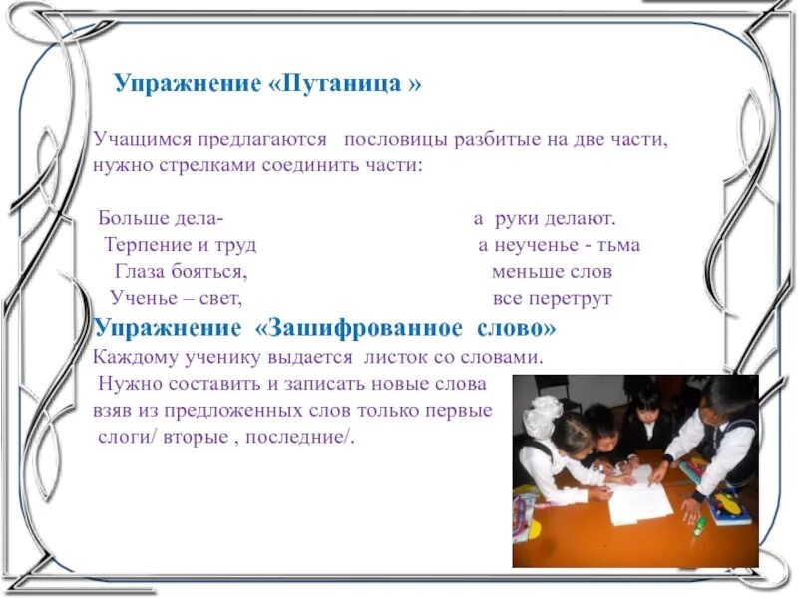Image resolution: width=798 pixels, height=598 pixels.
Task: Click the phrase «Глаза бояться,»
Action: click(x=181, y=271)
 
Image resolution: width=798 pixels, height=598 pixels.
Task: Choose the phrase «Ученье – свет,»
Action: click(x=177, y=298)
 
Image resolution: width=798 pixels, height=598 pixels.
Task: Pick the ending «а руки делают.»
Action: click(x=544, y=217)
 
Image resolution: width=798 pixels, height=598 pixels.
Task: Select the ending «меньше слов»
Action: click(x=552, y=271)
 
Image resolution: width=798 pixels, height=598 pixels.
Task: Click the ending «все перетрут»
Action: click(x=552, y=298)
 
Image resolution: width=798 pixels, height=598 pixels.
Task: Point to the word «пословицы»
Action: click(x=402, y=140)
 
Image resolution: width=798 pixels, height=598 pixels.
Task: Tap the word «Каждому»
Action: click(x=131, y=356)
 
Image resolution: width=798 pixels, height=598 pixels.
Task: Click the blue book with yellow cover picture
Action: click(x=728, y=507)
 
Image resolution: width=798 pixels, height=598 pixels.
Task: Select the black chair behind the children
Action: click(x=559, y=393)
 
